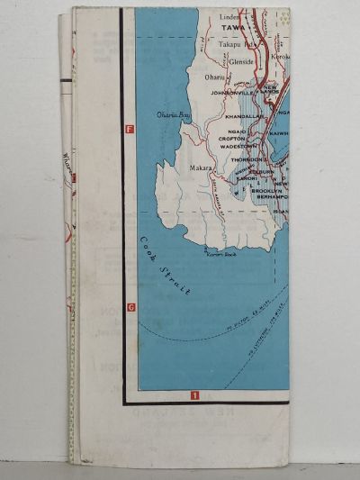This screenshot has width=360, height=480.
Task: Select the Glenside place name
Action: [x=243, y=62]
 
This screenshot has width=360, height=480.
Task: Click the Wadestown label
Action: [x=238, y=146]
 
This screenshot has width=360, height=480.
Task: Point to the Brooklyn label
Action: [x=266, y=191]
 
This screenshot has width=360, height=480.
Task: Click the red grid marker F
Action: [x=130, y=131]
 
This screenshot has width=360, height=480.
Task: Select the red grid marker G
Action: [x=130, y=307]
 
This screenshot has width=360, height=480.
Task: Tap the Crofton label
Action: [x=232, y=138]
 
